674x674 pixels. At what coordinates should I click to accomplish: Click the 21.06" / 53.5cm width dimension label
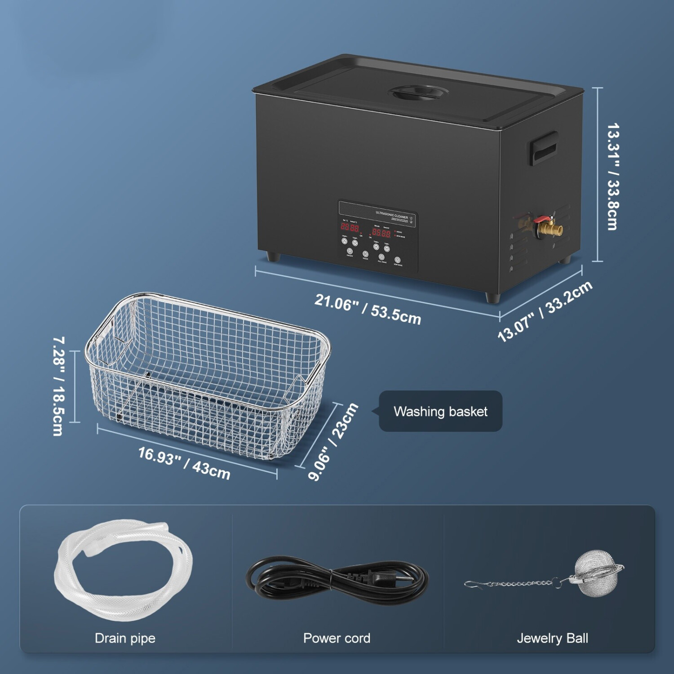pyautogui.click(x=368, y=309)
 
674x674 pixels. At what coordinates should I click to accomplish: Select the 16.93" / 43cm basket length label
pyautogui.click(x=184, y=463)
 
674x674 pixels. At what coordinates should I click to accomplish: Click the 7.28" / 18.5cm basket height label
pyautogui.click(x=58, y=386)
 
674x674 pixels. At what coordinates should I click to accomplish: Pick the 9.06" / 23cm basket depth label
pyautogui.click(x=333, y=442)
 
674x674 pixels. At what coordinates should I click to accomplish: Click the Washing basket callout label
pyautogui.click(x=440, y=411)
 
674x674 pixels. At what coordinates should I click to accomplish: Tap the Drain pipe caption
pyautogui.click(x=125, y=638)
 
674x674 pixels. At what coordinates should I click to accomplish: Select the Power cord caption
pyautogui.click(x=337, y=638)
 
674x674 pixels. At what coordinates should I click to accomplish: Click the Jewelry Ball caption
pyautogui.click(x=552, y=638)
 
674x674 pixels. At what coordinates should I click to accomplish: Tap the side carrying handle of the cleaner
pyautogui.click(x=543, y=148)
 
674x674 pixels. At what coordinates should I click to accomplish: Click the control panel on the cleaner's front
pyautogui.click(x=378, y=236)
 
